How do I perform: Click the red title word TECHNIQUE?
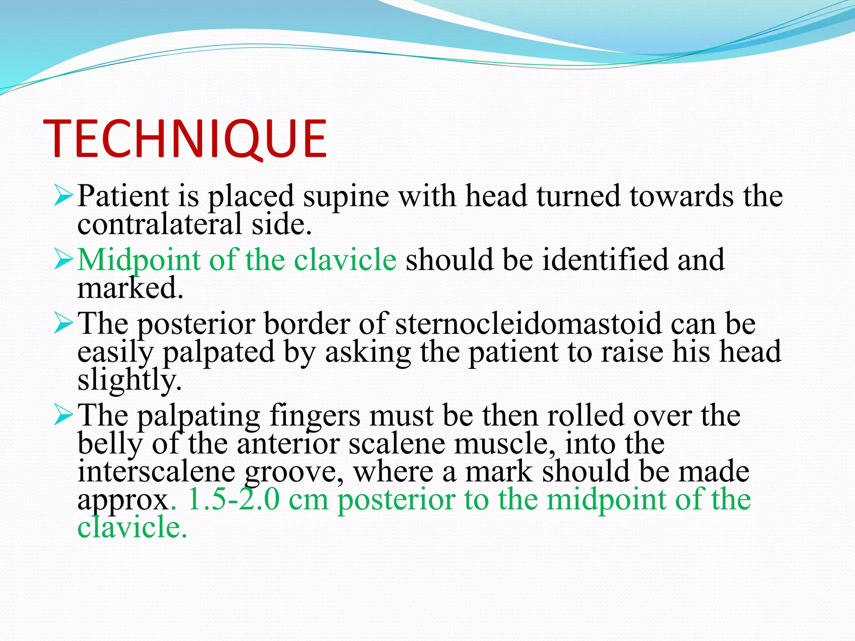(x=185, y=139)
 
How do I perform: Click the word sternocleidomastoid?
(x=528, y=324)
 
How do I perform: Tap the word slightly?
(x=129, y=380)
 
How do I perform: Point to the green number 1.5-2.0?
(x=234, y=500)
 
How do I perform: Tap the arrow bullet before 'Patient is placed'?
(x=63, y=196)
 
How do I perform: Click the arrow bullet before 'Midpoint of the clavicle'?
(x=63, y=260)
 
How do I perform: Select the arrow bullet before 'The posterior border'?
(x=63, y=324)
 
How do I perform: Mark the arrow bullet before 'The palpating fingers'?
(x=63, y=416)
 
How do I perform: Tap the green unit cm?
(x=308, y=500)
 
